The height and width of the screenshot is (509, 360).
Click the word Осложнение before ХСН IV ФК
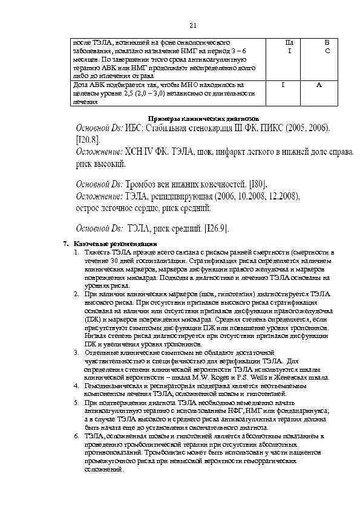[99, 152]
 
